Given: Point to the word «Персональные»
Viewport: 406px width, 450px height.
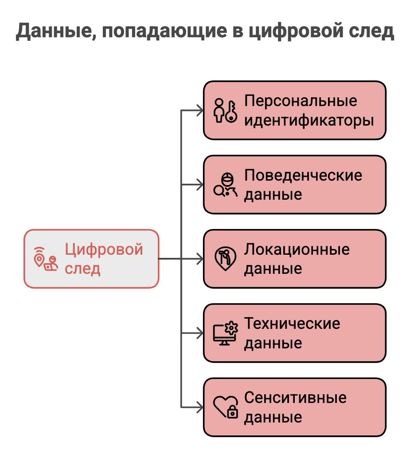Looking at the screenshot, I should (x=301, y=101).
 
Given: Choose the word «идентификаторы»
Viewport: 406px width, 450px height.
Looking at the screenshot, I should (x=309, y=120).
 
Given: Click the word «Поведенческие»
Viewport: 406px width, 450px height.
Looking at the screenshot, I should (x=303, y=175).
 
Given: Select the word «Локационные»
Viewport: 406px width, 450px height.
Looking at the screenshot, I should (x=297, y=249).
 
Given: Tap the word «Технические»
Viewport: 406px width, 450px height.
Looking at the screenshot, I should (x=292, y=324).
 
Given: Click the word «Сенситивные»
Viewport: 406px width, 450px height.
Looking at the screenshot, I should (x=295, y=398).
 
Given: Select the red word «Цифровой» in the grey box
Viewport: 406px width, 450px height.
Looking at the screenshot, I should (x=104, y=249).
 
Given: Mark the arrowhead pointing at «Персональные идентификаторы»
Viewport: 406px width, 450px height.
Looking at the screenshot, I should (x=199, y=110).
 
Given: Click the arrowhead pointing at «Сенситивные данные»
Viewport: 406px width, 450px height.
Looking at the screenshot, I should (x=199, y=407).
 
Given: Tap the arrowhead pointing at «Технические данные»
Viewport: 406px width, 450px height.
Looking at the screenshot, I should (x=199, y=333).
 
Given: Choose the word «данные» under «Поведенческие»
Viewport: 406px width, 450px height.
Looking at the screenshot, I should (x=273, y=194).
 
